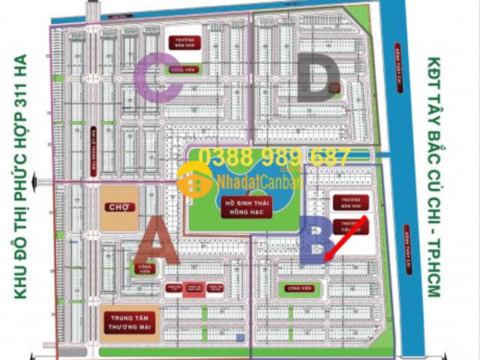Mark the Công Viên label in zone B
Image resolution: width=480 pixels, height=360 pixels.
[x=295, y=287]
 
